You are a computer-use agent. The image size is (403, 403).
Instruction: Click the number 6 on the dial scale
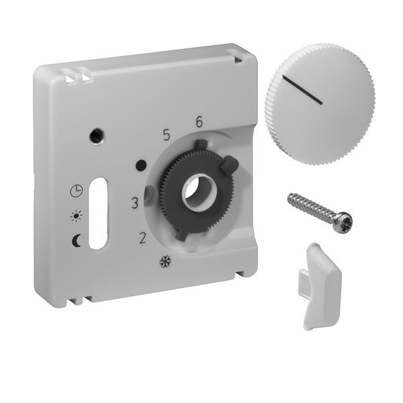pyautogui.click(x=199, y=122)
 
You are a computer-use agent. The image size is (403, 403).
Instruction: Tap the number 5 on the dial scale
pyautogui.click(x=167, y=135)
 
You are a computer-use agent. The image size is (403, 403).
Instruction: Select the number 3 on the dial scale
pyautogui.click(x=135, y=203)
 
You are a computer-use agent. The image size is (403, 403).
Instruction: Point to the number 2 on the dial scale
pyautogui.click(x=142, y=238)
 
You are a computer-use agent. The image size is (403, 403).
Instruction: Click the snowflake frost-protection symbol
pyautogui.click(x=165, y=262)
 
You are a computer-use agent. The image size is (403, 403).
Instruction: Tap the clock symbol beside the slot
pyautogui.click(x=77, y=191)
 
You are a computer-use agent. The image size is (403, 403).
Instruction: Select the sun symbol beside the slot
pyautogui.click(x=77, y=216)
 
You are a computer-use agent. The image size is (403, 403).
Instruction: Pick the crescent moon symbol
pyautogui.click(x=76, y=241)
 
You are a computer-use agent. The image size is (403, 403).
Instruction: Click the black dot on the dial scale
pyautogui.click(x=141, y=165)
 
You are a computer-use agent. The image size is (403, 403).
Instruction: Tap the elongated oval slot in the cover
pyautogui.click(x=98, y=214)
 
